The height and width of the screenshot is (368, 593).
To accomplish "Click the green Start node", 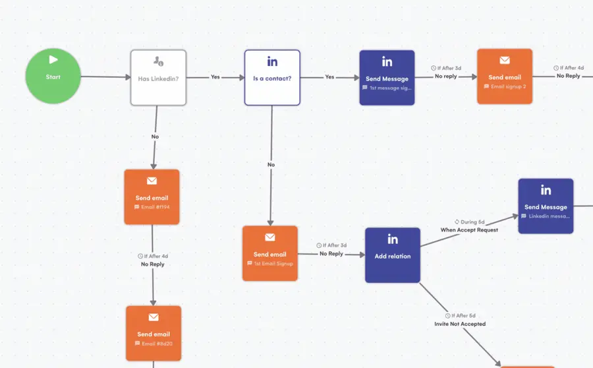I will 53,77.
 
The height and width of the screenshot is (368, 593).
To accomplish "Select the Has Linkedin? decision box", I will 158,78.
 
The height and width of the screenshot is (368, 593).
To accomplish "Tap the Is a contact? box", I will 272,78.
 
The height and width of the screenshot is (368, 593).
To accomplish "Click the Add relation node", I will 393,255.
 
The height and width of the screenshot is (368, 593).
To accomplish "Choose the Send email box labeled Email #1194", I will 152,197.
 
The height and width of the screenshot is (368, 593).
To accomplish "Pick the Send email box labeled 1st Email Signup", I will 270,254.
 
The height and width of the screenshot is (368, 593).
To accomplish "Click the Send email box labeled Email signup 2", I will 505,77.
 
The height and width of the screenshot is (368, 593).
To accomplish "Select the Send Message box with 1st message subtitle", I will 387,78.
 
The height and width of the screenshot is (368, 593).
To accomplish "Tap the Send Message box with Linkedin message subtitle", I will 546,206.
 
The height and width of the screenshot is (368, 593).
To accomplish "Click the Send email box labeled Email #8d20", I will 154,333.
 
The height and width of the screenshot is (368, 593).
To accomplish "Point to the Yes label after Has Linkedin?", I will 215,77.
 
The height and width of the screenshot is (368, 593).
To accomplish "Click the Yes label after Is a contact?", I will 329,77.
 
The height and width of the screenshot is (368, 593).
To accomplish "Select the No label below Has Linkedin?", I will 155,137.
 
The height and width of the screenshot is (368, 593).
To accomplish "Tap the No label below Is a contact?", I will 271,165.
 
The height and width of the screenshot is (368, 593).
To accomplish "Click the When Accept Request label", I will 469,230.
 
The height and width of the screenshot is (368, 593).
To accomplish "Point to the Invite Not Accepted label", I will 460,324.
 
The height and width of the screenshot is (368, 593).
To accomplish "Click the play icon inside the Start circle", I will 53,60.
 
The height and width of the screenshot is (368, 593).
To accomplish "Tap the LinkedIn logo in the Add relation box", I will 393,239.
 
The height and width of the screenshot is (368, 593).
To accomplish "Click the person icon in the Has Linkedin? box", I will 158,61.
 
